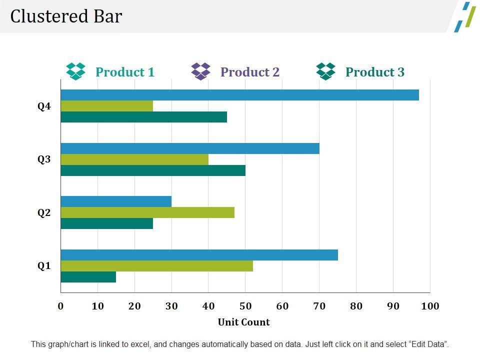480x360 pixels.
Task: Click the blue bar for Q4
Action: pos(240,95)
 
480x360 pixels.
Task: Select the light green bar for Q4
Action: pos(107,106)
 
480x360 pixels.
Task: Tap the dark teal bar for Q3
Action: pos(153,170)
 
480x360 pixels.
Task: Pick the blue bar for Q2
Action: pos(116,201)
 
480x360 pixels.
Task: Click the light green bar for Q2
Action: pos(147,212)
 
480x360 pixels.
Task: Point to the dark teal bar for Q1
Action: pos(88,276)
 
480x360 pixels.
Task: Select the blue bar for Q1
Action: pos(199,255)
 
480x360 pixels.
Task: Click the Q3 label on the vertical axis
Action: pos(44,159)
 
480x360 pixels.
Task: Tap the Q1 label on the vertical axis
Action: pos(44,266)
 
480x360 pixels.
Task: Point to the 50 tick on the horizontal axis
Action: pos(245,306)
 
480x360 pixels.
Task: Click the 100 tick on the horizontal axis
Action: pos(430,306)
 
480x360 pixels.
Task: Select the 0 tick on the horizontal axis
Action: pos(61,306)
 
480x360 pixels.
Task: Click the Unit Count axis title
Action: pos(243,322)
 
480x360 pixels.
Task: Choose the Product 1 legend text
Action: pos(125,72)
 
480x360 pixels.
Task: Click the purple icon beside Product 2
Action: pos(201,71)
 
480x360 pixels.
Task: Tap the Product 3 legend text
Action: pos(375,72)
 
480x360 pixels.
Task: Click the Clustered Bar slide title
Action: pos(66,16)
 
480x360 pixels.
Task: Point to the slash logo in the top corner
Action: pos(465,17)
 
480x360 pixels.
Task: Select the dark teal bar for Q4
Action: pos(144,117)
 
